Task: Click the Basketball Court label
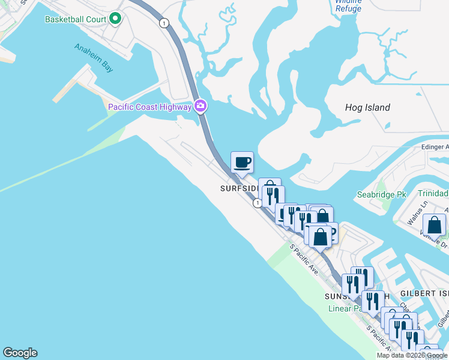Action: point(76,19)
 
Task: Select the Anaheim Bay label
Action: point(94,58)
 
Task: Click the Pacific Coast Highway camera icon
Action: point(200,107)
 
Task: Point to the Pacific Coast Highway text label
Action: point(149,107)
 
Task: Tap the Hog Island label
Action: point(367,108)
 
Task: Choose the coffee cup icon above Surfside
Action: point(242,162)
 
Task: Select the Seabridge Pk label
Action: point(382,195)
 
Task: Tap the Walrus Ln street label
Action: point(415,214)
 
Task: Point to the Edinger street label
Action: point(435,147)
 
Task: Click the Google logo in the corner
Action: point(20,353)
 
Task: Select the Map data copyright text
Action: point(412,355)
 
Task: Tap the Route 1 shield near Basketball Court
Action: point(163,23)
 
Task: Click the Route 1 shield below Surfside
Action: point(257,203)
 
